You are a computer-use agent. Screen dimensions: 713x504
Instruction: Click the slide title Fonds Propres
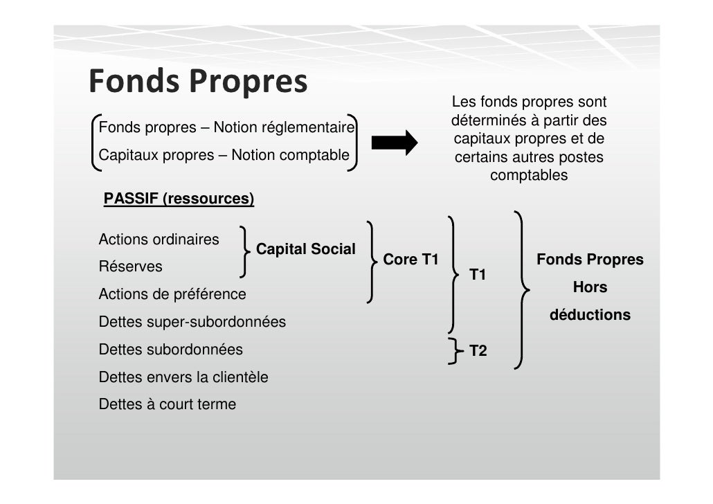[x=197, y=82]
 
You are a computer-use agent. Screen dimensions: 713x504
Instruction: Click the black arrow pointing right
[x=395, y=143]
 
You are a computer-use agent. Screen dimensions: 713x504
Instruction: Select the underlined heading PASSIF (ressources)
[x=179, y=199]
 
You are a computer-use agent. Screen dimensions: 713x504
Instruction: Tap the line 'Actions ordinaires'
[x=159, y=240]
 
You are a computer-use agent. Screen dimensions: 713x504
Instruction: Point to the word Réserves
[x=131, y=267]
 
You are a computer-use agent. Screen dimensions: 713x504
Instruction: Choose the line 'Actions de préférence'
[x=172, y=294]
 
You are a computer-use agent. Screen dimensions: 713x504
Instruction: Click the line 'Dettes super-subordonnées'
[x=192, y=322]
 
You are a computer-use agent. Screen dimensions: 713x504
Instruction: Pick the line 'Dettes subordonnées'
[x=170, y=350]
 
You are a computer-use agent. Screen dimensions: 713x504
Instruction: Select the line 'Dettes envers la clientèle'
[x=183, y=377]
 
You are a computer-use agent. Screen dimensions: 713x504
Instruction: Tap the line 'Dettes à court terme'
[x=167, y=404]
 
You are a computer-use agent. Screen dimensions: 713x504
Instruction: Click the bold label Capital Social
[x=306, y=249]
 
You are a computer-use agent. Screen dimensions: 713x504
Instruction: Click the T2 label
[x=478, y=351]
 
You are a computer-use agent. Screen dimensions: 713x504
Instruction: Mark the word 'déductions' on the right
[x=590, y=315]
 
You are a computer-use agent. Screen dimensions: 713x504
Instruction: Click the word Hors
[x=590, y=287]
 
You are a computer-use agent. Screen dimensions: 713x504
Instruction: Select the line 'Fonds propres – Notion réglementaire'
[x=226, y=128]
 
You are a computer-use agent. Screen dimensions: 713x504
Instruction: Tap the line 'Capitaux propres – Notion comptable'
[x=224, y=156]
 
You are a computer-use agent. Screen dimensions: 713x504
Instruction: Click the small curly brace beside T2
[x=455, y=350]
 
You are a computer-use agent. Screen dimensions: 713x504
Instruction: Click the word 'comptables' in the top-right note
[x=529, y=175]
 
